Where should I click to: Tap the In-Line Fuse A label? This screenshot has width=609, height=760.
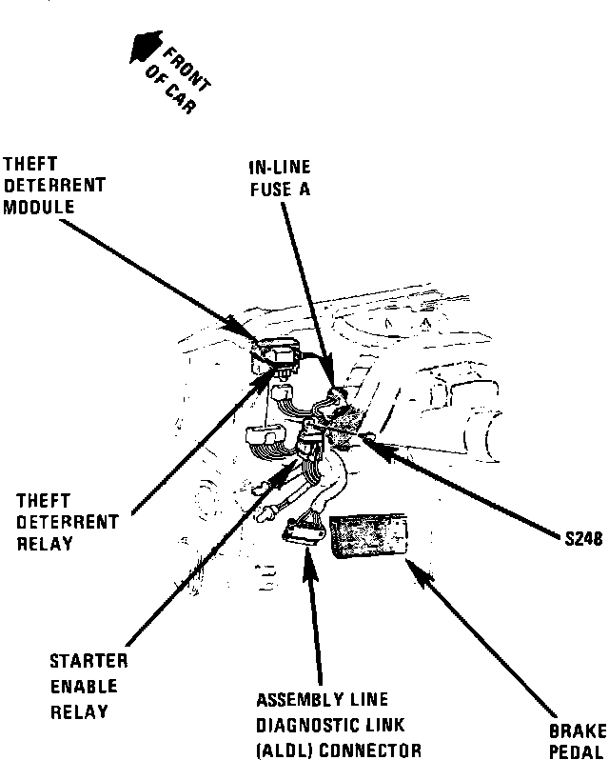pos(280,177)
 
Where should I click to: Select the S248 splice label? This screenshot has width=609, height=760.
pos(578,537)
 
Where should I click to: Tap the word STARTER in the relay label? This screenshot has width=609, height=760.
pos(88,662)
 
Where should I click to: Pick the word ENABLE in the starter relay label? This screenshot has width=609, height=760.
pos(85,687)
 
